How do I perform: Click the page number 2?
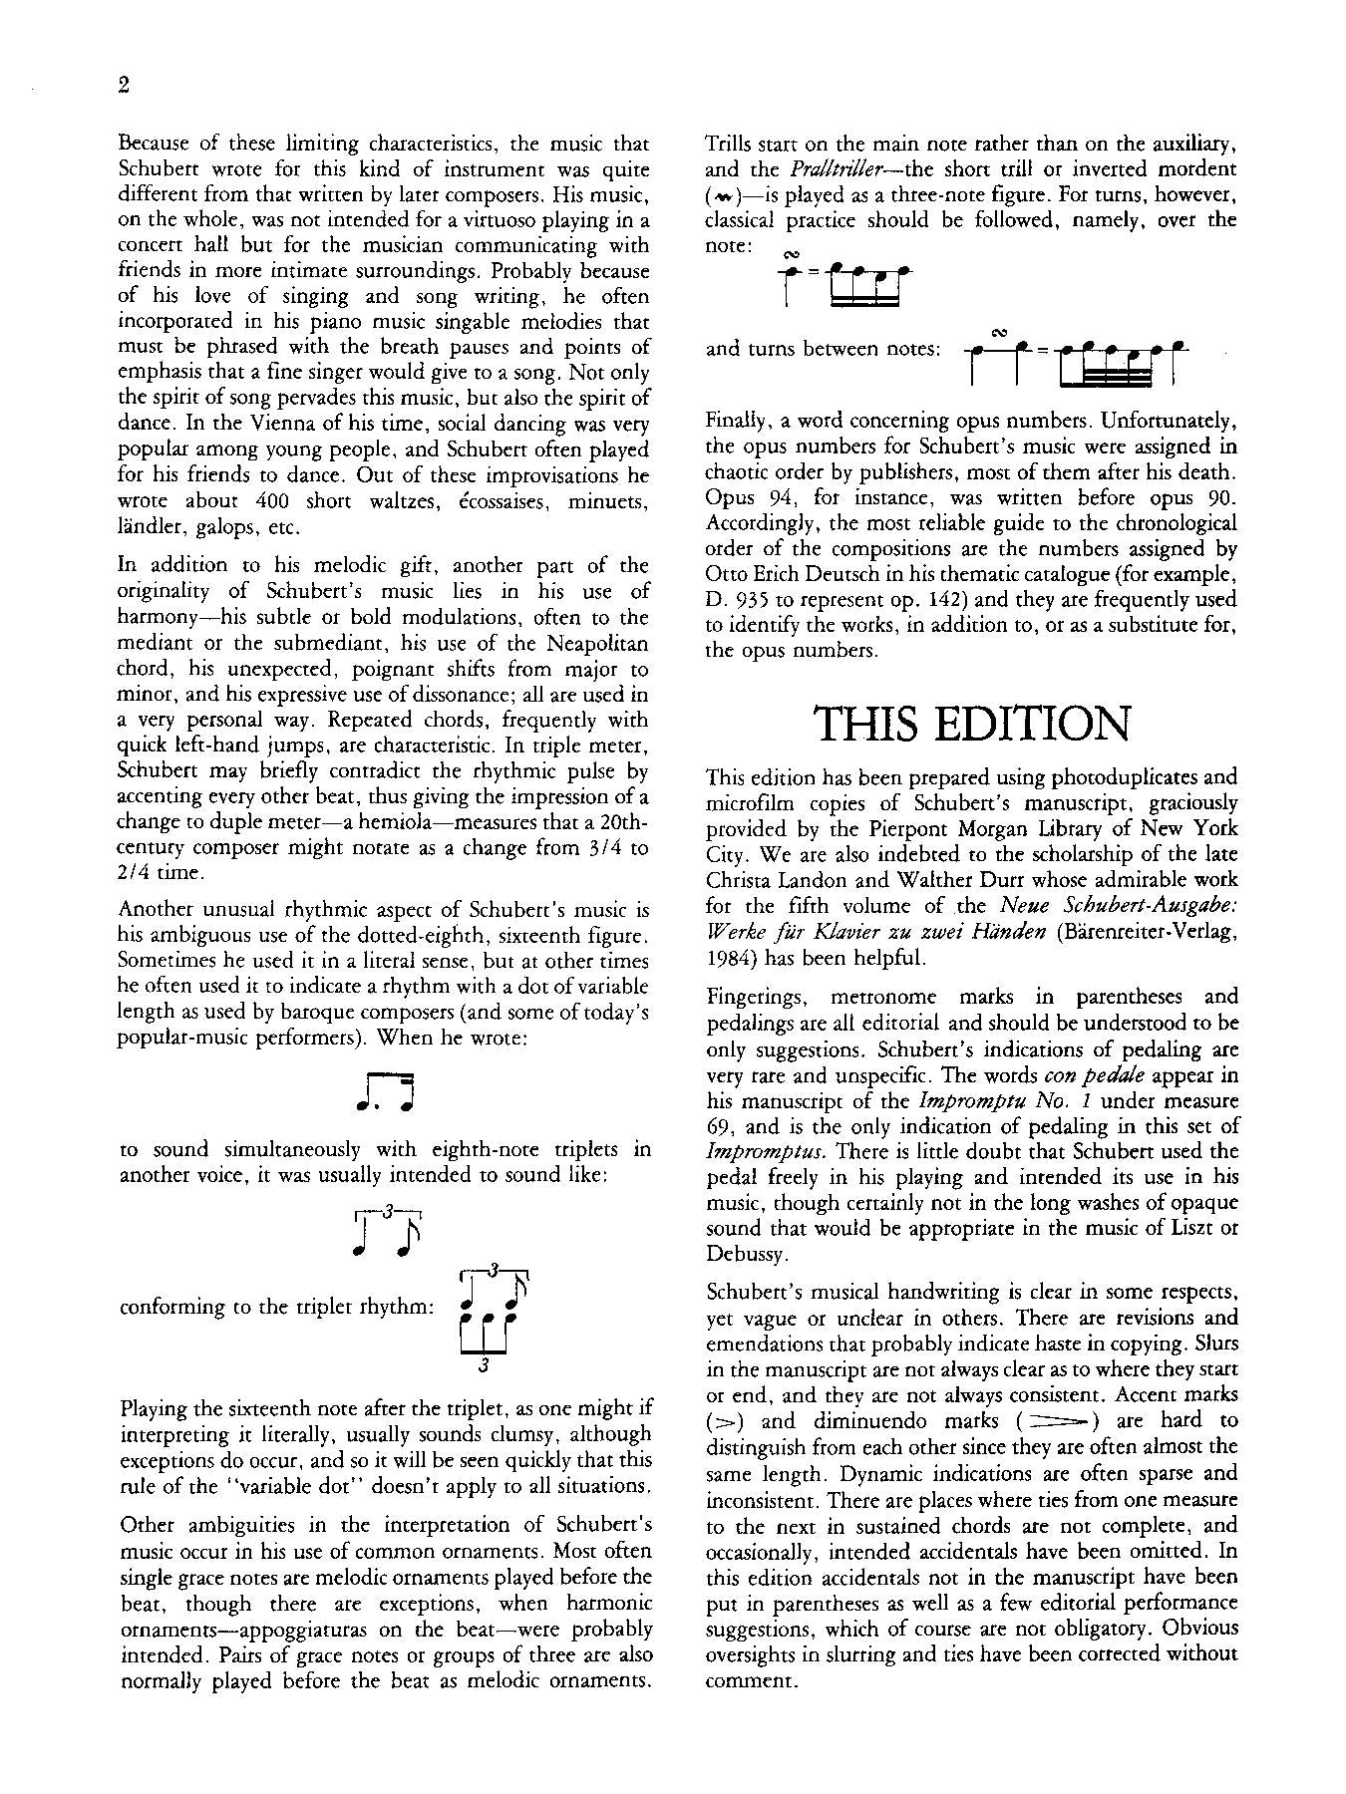point(124,86)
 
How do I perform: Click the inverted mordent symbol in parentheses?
point(720,195)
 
